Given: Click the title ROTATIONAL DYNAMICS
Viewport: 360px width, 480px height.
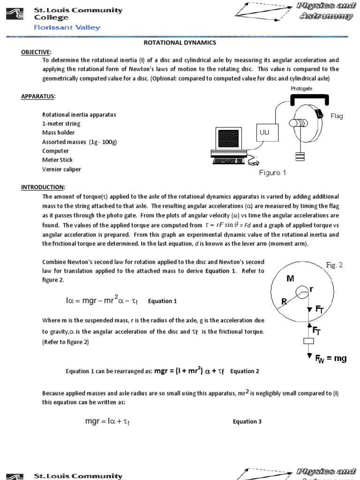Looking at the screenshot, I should pyautogui.click(x=180, y=43).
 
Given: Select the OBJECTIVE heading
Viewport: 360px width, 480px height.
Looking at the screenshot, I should pyautogui.click(x=37, y=52).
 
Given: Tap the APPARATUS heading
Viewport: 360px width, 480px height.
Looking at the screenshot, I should pyautogui.click(x=38, y=97).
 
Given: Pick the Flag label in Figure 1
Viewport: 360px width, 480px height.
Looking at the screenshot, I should pyautogui.click(x=337, y=116).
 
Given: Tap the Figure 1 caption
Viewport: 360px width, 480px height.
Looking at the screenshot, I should pyautogui.click(x=272, y=173).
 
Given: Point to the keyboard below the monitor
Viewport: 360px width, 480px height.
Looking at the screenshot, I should pyautogui.click(x=232, y=161).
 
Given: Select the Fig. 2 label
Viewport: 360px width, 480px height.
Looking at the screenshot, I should pyautogui.click(x=334, y=265).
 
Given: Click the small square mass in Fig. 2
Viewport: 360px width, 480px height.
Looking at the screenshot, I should pyautogui.click(x=308, y=341).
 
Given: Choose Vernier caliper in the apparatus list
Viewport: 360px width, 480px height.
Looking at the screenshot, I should pyautogui.click(x=61, y=169).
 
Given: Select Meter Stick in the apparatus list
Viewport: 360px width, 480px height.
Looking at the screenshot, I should pyautogui.click(x=58, y=160).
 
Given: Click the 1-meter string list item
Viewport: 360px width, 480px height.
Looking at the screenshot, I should pyautogui.click(x=61, y=124).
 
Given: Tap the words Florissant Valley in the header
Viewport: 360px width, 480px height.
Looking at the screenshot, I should pyautogui.click(x=67, y=27).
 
